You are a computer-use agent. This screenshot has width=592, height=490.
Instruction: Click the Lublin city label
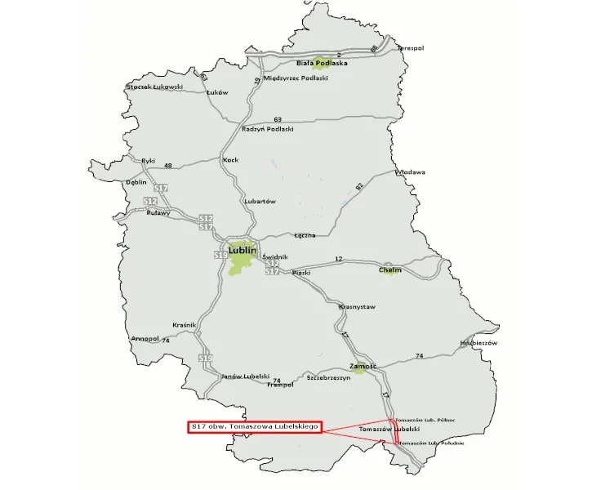coord(244,250)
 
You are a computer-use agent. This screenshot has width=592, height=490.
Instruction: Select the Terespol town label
coord(411,48)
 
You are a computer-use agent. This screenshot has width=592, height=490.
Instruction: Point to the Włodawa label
coord(410,173)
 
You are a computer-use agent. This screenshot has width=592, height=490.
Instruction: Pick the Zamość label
coord(363,366)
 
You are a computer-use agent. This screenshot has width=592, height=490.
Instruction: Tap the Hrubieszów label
coord(478,344)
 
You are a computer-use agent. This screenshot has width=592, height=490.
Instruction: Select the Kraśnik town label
coord(185,325)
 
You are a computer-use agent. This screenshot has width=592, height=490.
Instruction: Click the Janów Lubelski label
coord(245,376)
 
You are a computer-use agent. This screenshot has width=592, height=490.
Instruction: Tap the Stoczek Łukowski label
coord(155,87)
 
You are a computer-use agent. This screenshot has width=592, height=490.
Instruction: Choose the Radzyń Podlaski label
coord(267,129)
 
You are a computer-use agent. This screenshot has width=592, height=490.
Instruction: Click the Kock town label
coord(230,160)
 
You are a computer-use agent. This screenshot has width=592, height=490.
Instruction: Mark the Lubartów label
coord(260,201)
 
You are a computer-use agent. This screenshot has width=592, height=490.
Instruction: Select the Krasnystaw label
coord(357,307)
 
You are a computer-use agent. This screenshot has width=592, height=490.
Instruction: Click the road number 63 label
coord(278,119)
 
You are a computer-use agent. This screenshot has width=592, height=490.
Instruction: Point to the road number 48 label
coord(168,166)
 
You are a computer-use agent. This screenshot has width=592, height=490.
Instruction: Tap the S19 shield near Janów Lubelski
coord(206,359)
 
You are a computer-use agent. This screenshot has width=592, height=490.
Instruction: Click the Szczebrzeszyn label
coord(328,378)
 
